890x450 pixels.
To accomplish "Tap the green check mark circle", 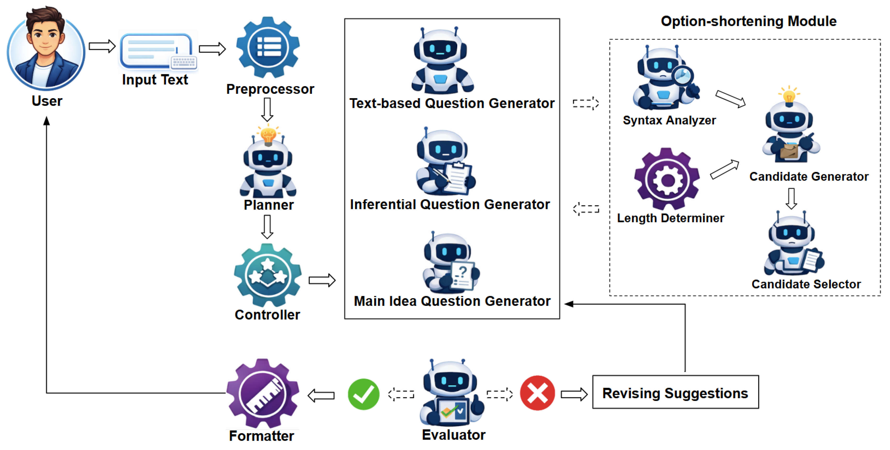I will click(x=363, y=394).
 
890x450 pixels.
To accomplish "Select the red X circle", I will click(x=537, y=393).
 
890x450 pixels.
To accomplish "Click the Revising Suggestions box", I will click(x=675, y=392).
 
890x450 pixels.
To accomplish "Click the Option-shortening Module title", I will click(x=748, y=22).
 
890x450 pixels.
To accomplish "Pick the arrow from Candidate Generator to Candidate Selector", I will click(x=791, y=198).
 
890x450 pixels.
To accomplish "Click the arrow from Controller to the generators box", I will click(x=322, y=280).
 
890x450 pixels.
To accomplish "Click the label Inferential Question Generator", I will click(x=450, y=205).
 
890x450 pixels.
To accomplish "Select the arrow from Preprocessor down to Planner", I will click(x=267, y=110).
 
